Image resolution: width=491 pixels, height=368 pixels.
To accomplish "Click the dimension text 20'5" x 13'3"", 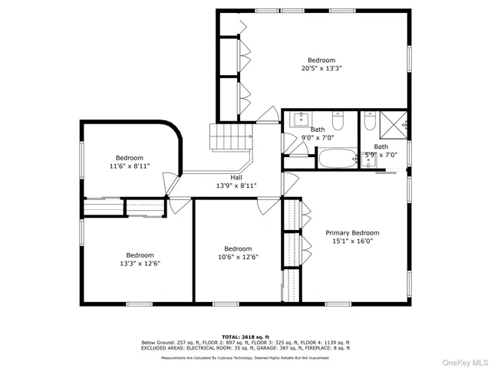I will [x=321, y=68].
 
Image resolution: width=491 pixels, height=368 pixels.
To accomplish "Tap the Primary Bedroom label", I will [x=352, y=232].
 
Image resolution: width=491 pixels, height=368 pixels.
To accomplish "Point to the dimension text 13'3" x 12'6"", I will [x=140, y=264].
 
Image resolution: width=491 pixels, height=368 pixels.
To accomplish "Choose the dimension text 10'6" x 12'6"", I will [x=238, y=257].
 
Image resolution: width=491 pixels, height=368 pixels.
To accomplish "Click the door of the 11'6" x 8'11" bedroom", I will [x=171, y=184].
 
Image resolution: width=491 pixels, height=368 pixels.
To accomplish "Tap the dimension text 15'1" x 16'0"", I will [x=352, y=241].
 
